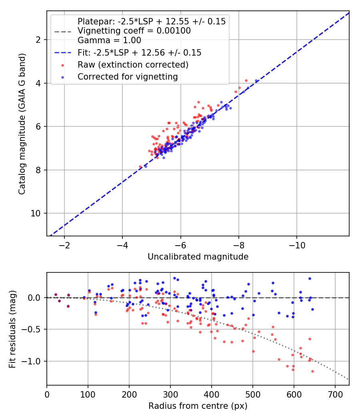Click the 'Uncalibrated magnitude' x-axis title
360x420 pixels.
click(x=198, y=257)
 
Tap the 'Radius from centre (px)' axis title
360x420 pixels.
click(x=198, y=406)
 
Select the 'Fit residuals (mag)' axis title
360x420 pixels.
click(x=12, y=329)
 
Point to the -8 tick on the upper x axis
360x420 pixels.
click(x=239, y=245)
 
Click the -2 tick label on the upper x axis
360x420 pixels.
click(x=64, y=245)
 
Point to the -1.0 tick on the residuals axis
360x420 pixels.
click(x=33, y=361)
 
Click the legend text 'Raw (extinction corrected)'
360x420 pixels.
click(x=133, y=64)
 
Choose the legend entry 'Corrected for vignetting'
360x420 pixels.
click(x=128, y=76)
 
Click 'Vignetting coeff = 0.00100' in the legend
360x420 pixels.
click(x=134, y=31)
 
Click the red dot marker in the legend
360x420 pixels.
click(x=62, y=64)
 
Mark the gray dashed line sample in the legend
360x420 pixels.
click(x=62, y=31)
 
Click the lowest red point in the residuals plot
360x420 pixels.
click(x=312, y=372)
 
